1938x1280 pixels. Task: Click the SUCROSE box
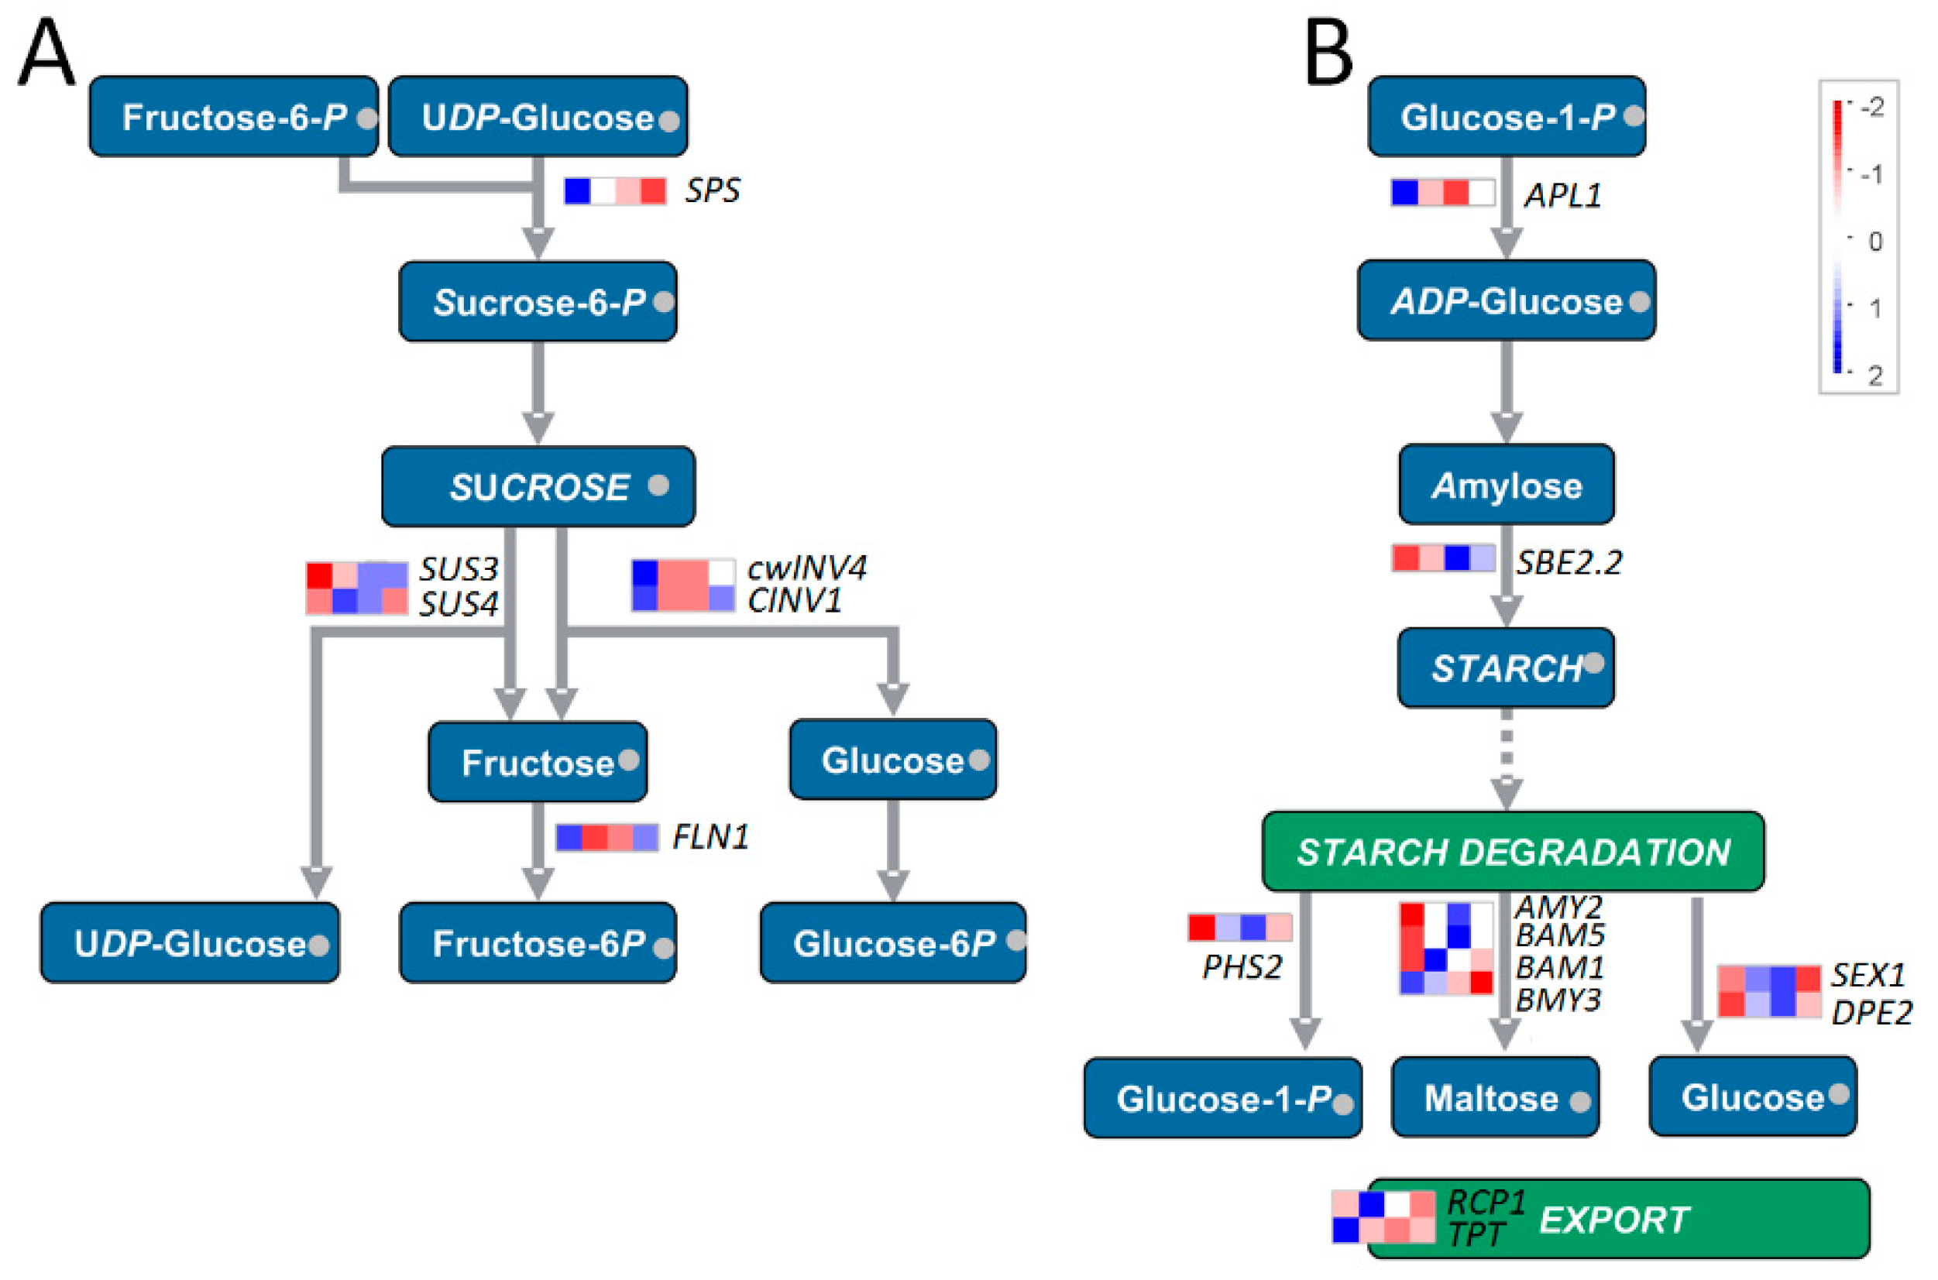coord(538,486)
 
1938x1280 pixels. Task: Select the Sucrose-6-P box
coord(538,302)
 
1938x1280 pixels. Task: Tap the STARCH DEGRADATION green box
coord(1513,852)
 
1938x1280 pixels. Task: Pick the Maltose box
coord(1495,1097)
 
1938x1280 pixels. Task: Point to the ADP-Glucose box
coord(1506,301)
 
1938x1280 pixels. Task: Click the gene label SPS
coord(712,191)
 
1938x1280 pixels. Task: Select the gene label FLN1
coord(710,837)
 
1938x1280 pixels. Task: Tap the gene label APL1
coord(1562,196)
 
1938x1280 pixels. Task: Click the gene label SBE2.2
coord(1569,562)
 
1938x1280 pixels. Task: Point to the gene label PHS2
coord(1242,967)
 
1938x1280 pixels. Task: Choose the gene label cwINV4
coord(806,568)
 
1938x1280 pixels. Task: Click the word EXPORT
coord(1614,1220)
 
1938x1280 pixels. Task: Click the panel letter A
coord(46,54)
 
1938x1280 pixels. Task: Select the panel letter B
coord(1328,54)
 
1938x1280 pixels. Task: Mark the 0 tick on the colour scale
coord(1874,242)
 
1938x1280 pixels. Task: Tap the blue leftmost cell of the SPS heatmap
coord(577,191)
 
